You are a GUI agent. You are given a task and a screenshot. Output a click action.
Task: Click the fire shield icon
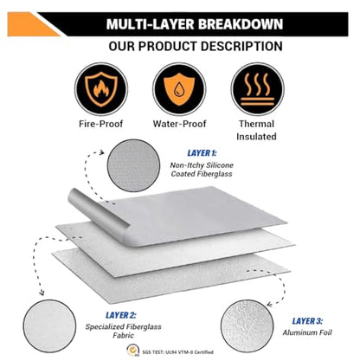coord(101,89)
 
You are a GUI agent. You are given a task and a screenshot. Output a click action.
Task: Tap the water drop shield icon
coord(179,89)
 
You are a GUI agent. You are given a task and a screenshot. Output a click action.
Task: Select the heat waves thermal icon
coord(257,89)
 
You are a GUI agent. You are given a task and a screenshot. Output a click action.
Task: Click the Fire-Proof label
coord(101,124)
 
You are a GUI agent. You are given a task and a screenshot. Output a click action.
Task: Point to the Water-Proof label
coord(179,124)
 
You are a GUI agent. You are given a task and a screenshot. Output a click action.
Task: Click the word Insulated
coord(256,136)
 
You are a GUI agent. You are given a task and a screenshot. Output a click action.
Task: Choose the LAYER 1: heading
coord(202,153)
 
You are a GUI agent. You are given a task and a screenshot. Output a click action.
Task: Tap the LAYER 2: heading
coord(121,315)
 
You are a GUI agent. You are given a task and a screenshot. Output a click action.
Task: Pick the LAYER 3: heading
coord(307,321)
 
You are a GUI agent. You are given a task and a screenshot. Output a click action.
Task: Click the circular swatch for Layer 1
coord(133,165)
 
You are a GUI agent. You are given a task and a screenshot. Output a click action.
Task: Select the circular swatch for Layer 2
coord(49,326)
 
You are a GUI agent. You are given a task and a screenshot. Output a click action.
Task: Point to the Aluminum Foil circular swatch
coord(247,326)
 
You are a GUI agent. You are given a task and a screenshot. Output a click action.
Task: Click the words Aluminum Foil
coord(307,332)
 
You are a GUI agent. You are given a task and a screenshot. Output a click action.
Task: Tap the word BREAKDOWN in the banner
coord(241,24)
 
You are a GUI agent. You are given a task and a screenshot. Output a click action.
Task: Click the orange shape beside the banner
coord(34,24)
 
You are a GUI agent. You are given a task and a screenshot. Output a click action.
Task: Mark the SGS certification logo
coord(133,351)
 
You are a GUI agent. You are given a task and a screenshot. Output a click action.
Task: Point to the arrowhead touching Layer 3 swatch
coord(269,305)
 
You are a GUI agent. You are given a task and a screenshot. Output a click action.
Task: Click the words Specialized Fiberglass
coord(123,327)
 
